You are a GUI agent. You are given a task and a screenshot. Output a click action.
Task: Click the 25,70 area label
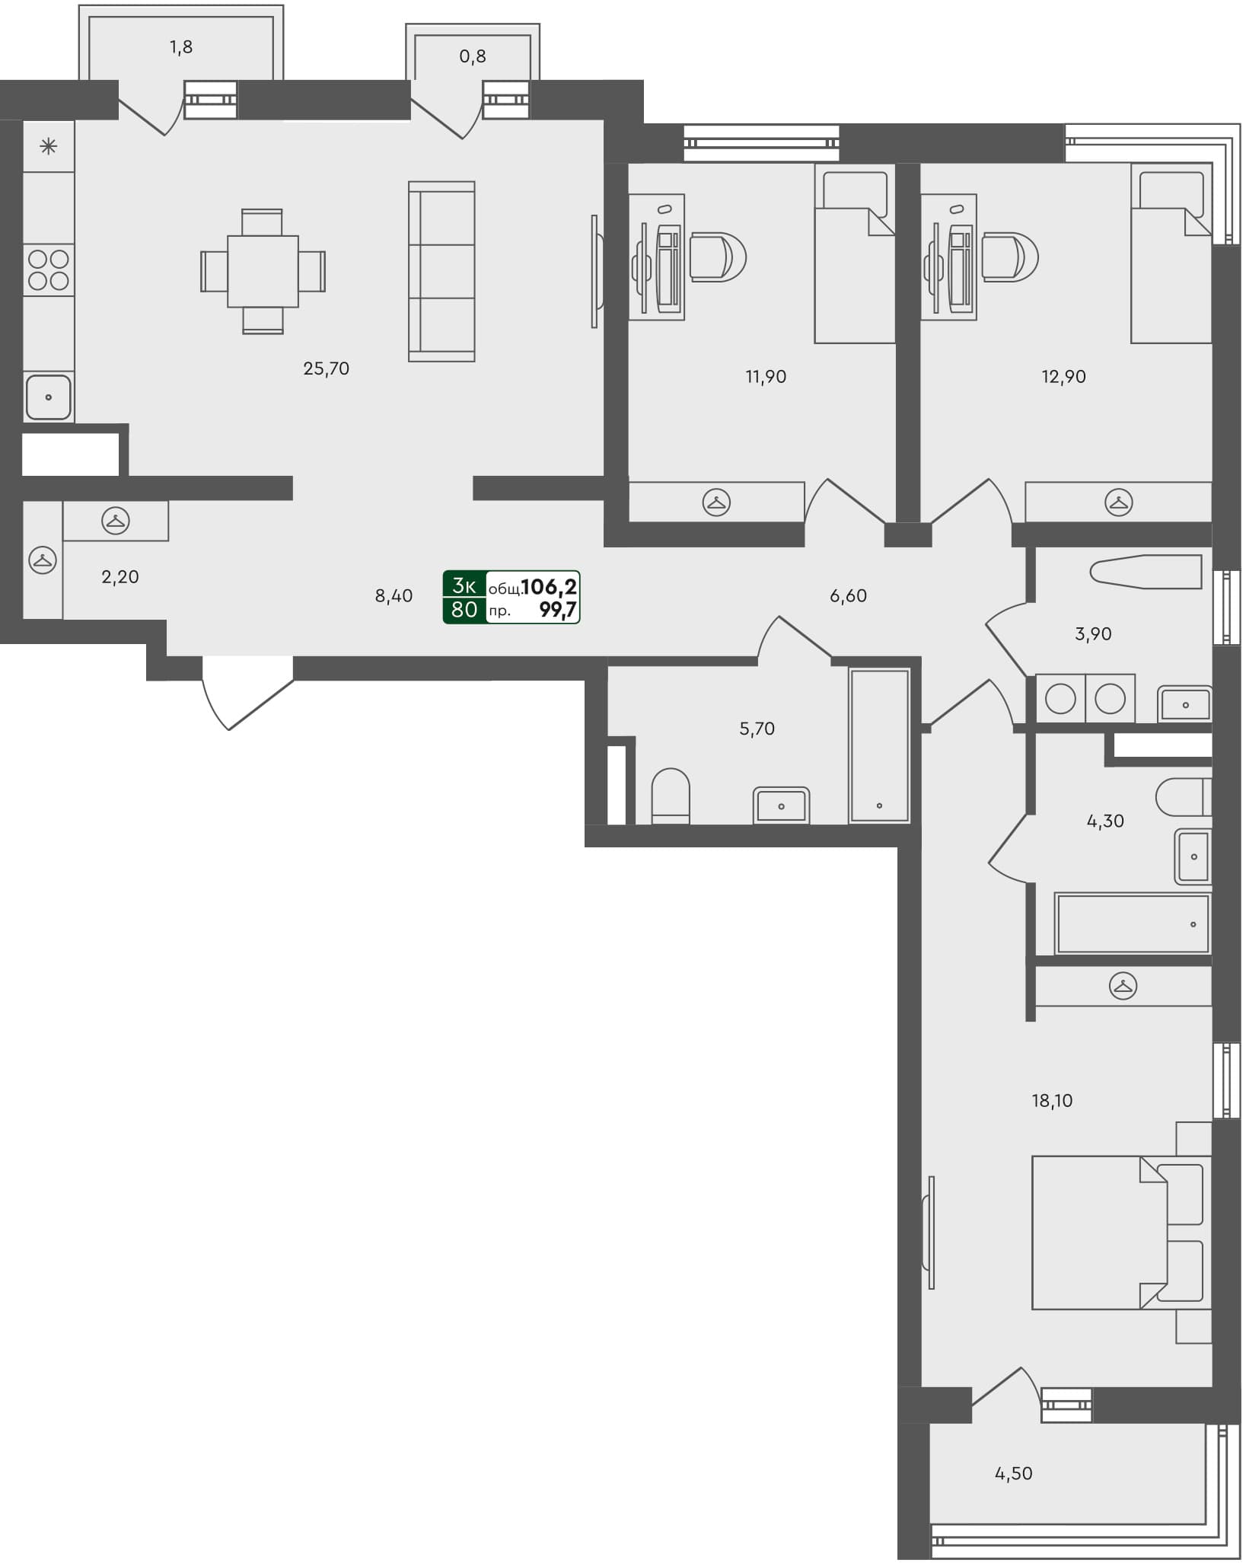(326, 368)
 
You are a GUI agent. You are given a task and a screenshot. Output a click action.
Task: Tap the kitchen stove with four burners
(49, 270)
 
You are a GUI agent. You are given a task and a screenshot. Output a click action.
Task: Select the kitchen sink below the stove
(49, 397)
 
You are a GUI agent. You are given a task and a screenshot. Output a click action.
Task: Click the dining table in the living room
(263, 271)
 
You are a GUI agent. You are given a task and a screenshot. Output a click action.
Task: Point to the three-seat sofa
(441, 271)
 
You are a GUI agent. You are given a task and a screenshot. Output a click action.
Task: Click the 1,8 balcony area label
(181, 47)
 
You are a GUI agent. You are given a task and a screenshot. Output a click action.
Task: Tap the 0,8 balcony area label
(472, 56)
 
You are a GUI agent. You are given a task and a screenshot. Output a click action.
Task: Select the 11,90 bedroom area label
(766, 376)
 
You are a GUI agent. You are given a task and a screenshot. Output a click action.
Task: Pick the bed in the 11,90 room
(854, 255)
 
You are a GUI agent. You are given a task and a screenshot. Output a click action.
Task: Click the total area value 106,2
(549, 586)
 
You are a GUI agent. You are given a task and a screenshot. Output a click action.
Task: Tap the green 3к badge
(464, 585)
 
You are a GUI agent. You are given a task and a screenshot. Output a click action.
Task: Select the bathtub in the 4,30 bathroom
(1133, 923)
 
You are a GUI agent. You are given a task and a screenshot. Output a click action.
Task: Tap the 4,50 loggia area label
(1013, 1473)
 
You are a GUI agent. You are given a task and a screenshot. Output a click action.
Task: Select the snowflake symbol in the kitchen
(49, 146)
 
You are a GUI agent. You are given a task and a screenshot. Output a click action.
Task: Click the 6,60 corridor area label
(848, 595)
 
